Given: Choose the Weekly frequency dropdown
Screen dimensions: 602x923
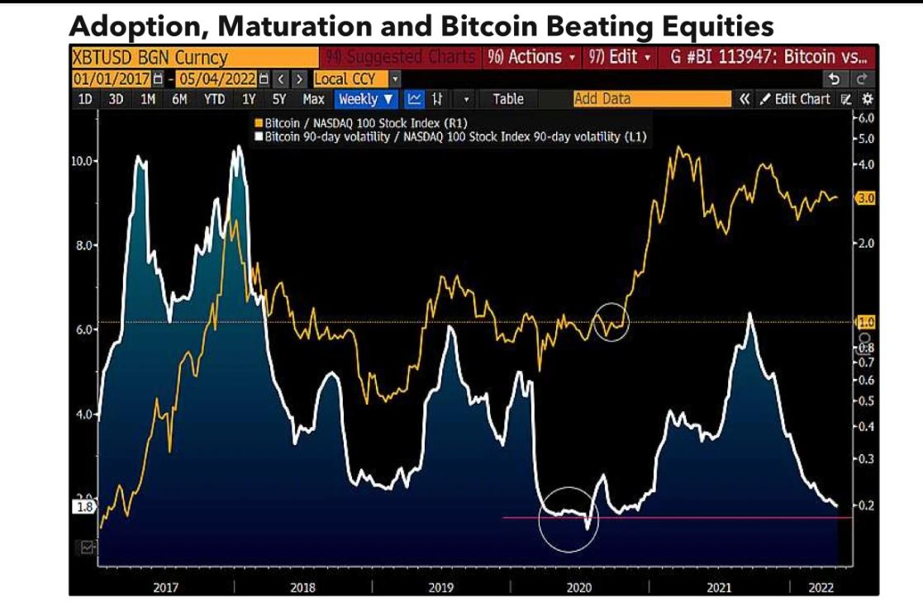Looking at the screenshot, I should [x=366, y=99].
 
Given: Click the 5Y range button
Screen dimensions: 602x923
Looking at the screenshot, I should [x=279, y=99].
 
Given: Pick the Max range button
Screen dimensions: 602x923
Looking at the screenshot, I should [x=313, y=99].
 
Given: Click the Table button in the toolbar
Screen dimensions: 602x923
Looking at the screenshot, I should [x=507, y=99].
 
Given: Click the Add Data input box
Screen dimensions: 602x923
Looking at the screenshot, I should [x=651, y=99].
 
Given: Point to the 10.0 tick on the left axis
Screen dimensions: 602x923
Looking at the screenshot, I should [x=82, y=160].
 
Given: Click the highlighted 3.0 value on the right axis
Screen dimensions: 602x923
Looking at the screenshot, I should [x=865, y=199].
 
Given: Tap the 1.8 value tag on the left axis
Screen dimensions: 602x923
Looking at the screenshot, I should [x=83, y=508].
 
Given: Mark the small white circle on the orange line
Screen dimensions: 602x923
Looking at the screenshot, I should [x=611, y=322].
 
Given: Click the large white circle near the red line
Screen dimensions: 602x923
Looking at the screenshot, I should [x=568, y=519].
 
